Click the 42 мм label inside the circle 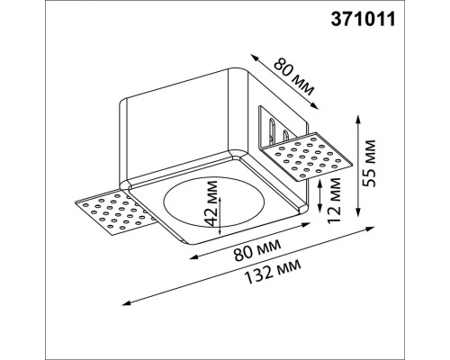[210, 209]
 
